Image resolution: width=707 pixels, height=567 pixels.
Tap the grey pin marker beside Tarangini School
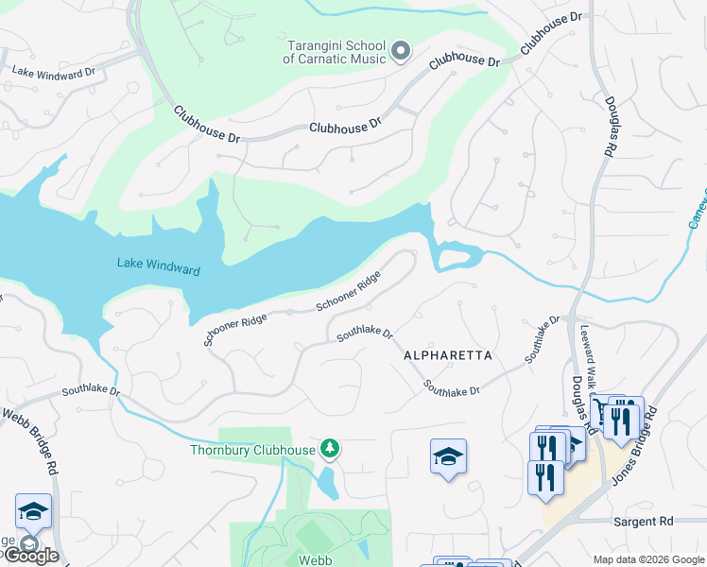(x=400, y=51)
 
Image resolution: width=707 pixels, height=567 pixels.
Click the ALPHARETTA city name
(x=448, y=355)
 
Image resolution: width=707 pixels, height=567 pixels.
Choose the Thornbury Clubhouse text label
(x=251, y=450)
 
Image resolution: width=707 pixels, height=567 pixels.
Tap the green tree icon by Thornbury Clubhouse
(x=329, y=447)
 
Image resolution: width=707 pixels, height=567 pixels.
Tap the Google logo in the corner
(x=30, y=556)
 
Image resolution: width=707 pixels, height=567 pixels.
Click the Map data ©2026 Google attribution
(x=648, y=559)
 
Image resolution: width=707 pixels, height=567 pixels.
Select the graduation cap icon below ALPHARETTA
(x=448, y=458)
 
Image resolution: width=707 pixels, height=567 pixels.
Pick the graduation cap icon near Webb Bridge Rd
(x=33, y=511)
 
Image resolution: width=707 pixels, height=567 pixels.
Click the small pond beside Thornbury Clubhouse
(x=328, y=483)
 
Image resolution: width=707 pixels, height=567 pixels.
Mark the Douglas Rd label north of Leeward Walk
(x=611, y=132)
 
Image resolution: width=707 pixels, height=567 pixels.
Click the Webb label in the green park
(x=315, y=560)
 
